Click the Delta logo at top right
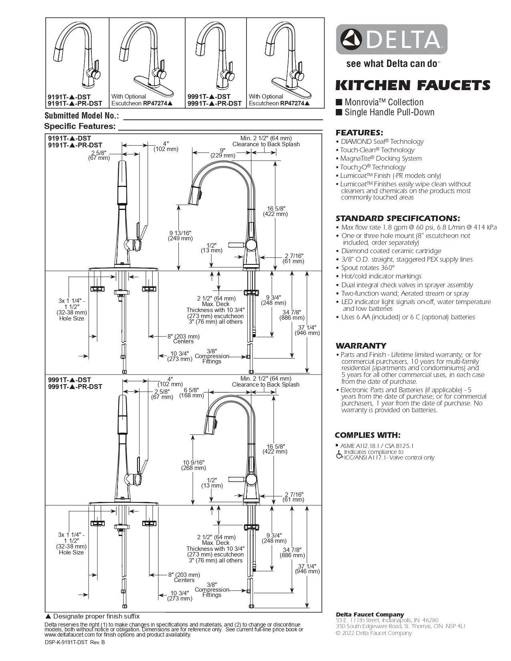tap(392, 39)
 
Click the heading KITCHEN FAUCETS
tap(412, 85)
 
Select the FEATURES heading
tap(359, 133)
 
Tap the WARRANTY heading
tap(361, 346)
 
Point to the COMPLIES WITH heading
tap(368, 435)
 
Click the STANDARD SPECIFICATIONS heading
tap(398, 218)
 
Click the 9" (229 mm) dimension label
tap(223, 153)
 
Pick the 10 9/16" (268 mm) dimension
tap(194, 465)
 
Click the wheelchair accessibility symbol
tap(339, 455)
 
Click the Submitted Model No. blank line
tap(222, 119)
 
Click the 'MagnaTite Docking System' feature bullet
tap(381, 158)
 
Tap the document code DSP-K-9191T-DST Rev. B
tap(75, 642)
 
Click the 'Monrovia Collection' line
tap(384, 102)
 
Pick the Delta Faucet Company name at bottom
tap(370, 615)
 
